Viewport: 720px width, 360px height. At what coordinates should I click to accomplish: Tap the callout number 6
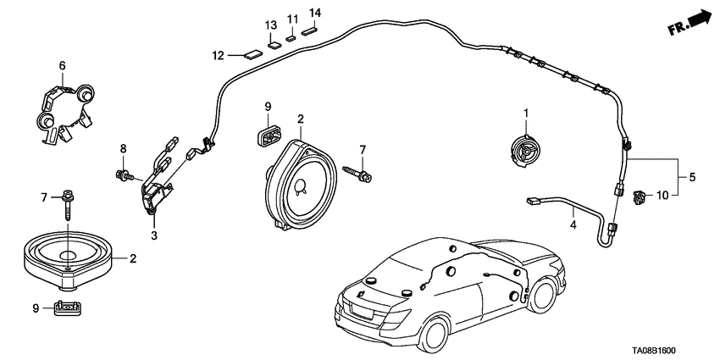coord(62,65)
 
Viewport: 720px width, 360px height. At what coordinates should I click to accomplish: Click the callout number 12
coord(218,56)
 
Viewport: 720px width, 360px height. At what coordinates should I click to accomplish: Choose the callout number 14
coord(315,13)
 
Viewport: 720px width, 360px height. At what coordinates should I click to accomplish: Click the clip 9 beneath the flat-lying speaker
coord(66,307)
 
